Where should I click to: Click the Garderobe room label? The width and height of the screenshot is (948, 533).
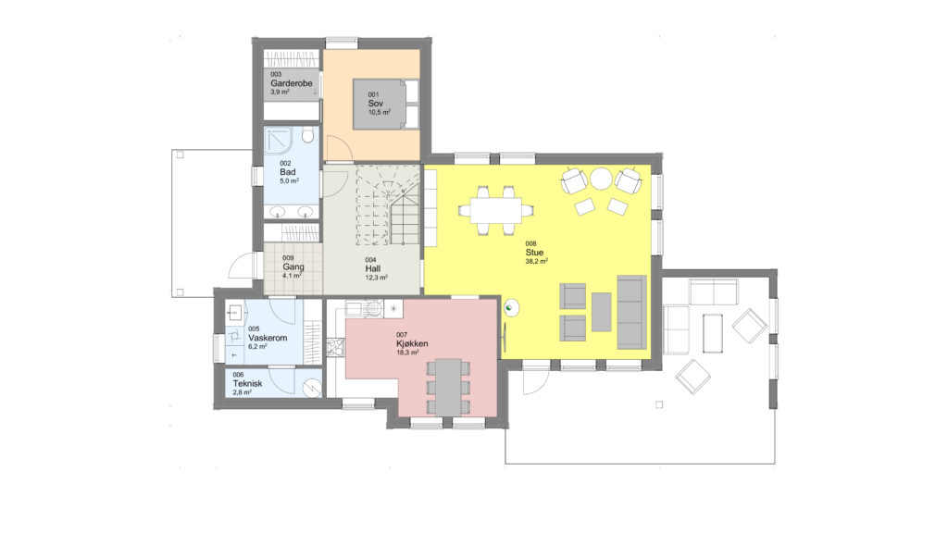(292, 83)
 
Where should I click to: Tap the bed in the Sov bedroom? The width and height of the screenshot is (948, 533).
(386, 104)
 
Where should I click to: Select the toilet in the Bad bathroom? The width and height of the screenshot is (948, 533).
(307, 135)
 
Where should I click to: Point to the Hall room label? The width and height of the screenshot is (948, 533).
(373, 268)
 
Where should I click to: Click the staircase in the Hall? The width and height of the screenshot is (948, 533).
(388, 205)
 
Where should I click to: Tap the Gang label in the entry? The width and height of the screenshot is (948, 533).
(293, 266)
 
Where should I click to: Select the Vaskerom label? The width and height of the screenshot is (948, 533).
(268, 338)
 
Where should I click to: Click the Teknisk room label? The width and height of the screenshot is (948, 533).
(247, 383)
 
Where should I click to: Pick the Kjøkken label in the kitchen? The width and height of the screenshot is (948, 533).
(412, 343)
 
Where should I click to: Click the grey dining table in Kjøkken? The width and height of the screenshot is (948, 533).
(449, 387)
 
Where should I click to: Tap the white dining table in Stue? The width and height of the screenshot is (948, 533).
(496, 210)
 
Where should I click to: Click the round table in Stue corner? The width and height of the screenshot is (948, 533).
(602, 179)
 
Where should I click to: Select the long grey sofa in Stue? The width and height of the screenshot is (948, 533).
(631, 312)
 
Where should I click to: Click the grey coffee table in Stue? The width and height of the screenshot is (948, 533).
(601, 312)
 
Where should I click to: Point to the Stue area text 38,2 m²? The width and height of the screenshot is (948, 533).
(537, 262)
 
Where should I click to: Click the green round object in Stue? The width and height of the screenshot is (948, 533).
(511, 308)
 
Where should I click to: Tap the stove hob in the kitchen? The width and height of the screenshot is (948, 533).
(335, 346)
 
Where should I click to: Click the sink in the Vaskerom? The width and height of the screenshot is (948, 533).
(235, 313)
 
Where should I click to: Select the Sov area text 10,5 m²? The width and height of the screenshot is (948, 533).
(379, 112)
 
